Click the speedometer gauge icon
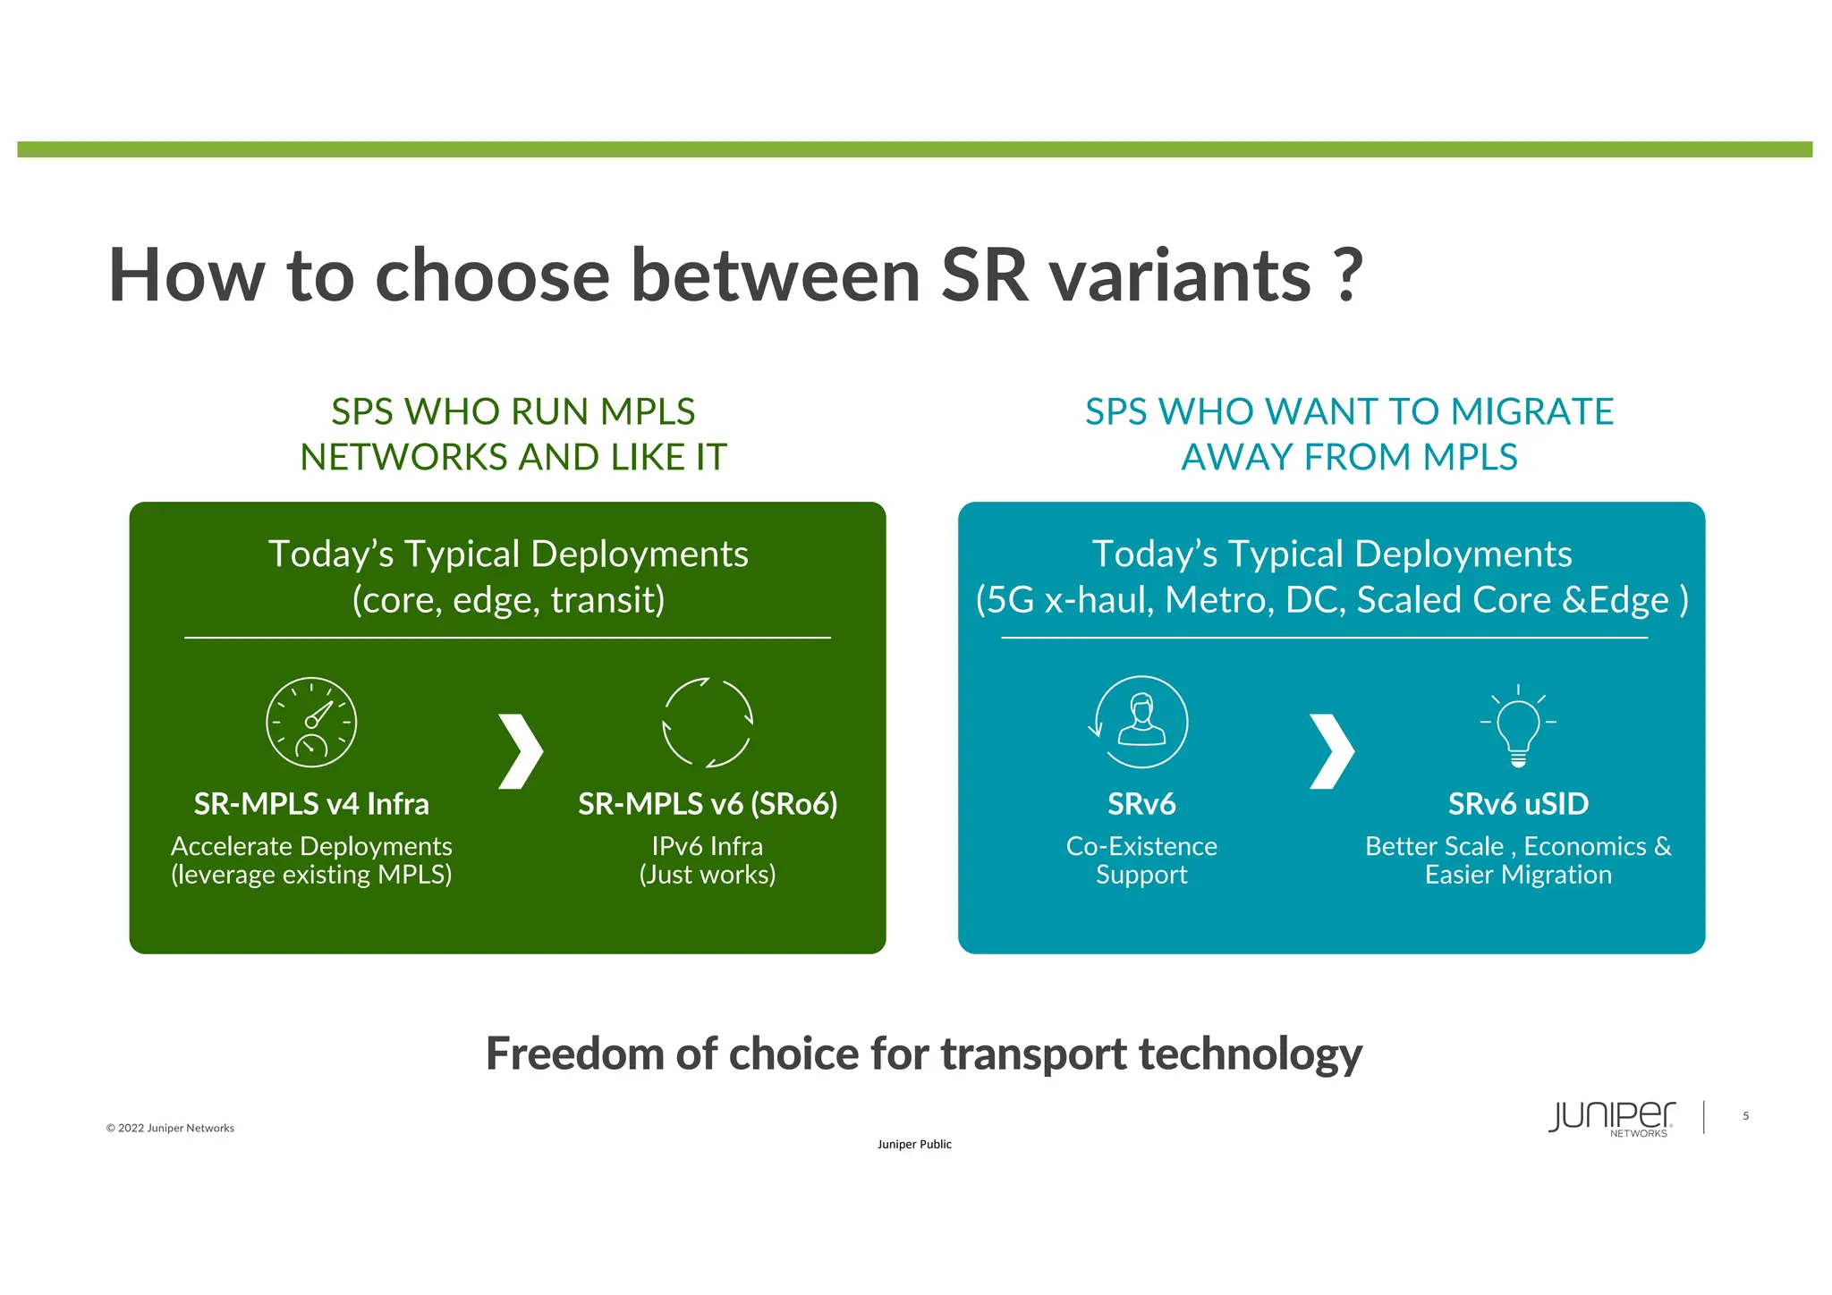tap(311, 722)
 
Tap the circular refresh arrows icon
tap(708, 723)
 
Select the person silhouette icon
tap(1141, 722)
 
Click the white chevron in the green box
tap(520, 751)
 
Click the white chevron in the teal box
tap(1331, 751)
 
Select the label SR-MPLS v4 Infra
tap(311, 804)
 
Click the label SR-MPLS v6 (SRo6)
tap(708, 804)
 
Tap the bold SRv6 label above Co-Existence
tap(1141, 804)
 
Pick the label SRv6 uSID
tap(1518, 804)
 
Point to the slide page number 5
tap(1745, 1116)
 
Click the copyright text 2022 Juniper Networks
tap(170, 1128)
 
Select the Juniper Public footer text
tap(914, 1144)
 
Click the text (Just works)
tap(708, 875)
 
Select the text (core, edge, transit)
tap(508, 600)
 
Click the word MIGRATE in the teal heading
tap(1531, 412)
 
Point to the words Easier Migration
tap(1518, 875)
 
